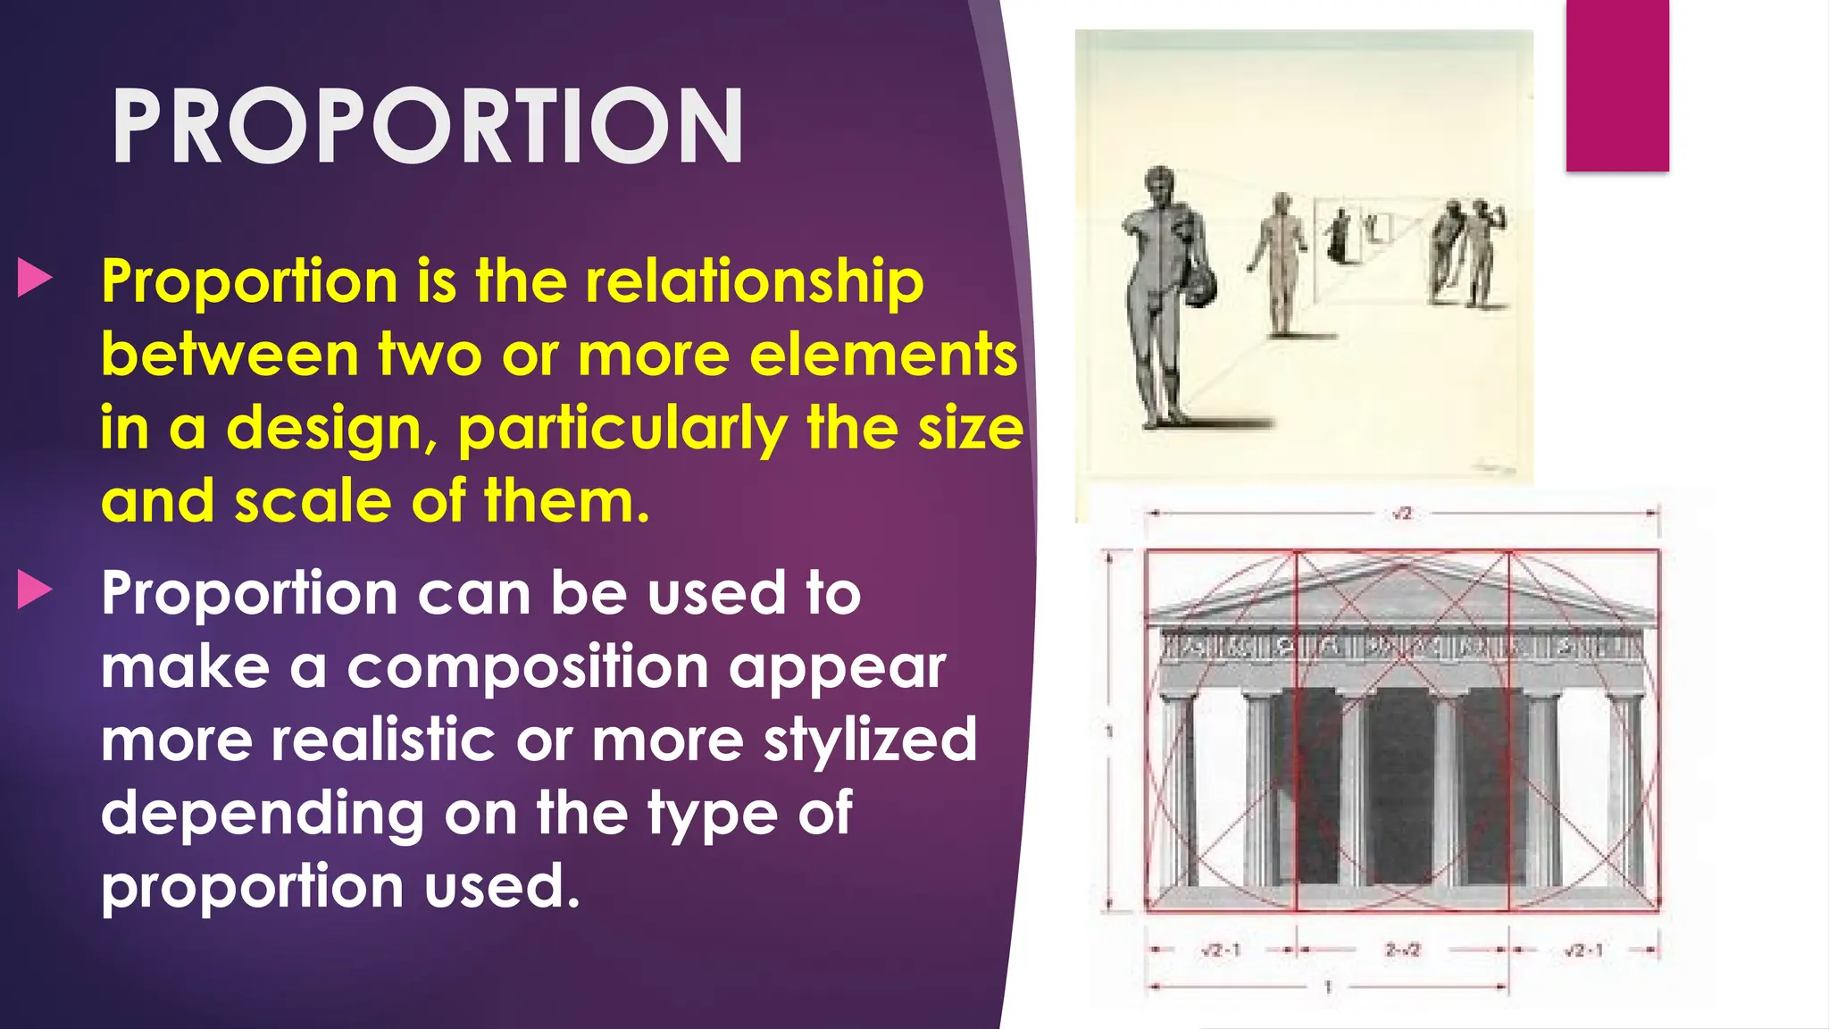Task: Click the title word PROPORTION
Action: [x=427, y=127]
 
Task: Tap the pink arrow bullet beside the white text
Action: [x=35, y=590]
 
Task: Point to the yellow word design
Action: [x=330, y=429]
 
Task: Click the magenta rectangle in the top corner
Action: [x=1616, y=85]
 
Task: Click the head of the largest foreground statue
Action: [x=1159, y=185]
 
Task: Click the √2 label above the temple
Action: [x=1401, y=514]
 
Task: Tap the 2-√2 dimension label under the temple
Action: [x=1402, y=950]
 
